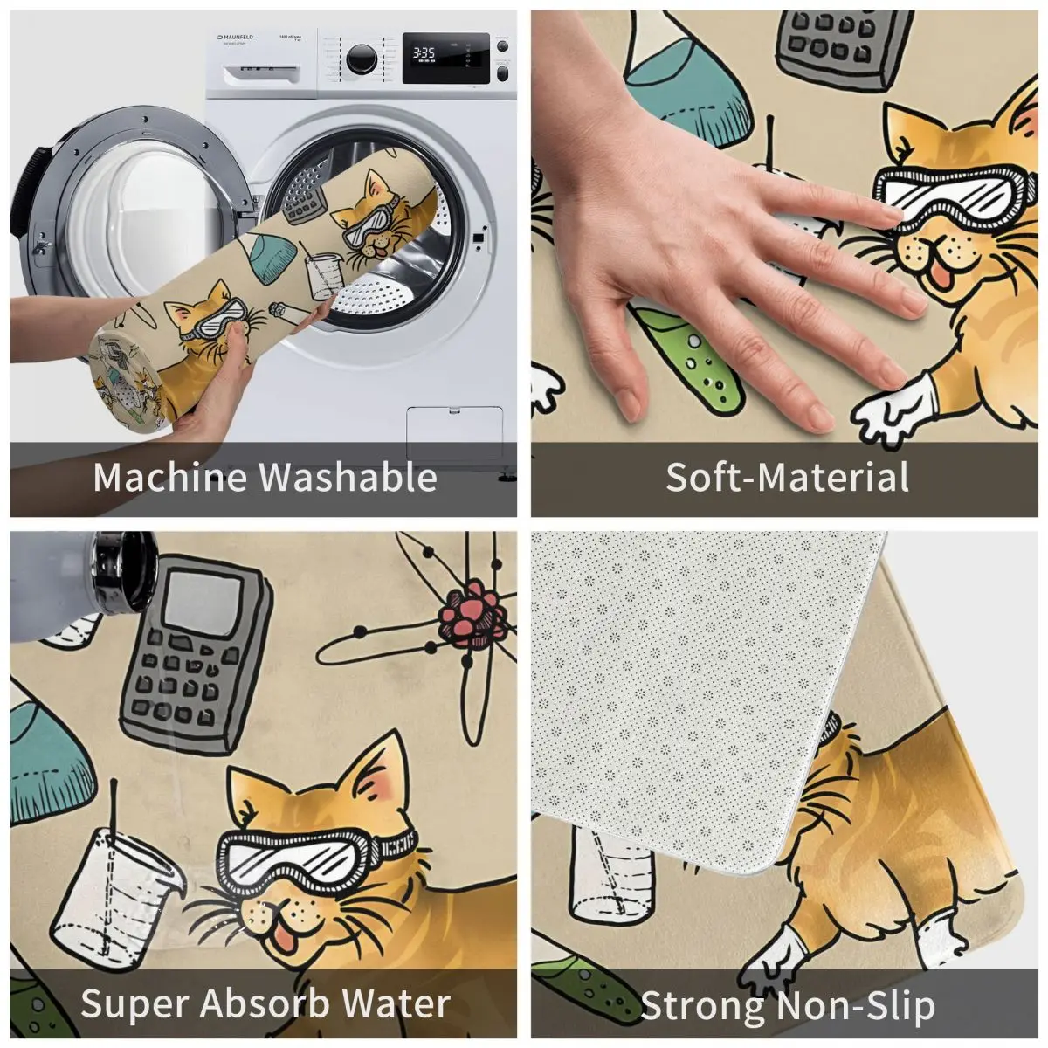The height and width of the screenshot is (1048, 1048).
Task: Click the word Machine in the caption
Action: [x=169, y=477]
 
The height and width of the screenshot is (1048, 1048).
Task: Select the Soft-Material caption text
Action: [x=787, y=477]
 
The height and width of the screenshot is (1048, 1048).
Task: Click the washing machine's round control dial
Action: [x=362, y=59]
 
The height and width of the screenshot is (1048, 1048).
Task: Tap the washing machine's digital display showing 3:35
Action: [x=445, y=58]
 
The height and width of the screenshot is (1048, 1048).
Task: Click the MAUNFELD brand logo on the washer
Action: [x=235, y=37]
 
